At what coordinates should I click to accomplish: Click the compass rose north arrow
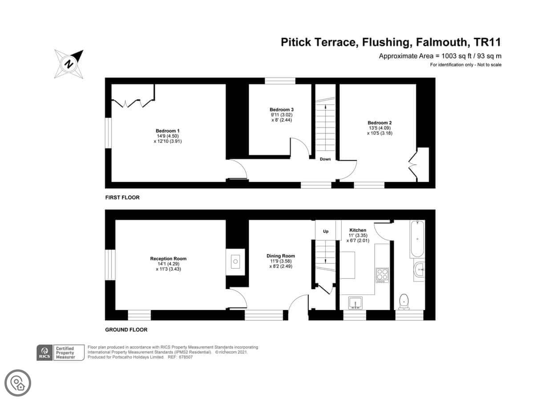click(69, 64)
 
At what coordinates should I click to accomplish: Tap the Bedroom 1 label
click(168, 131)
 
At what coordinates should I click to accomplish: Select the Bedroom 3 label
click(282, 110)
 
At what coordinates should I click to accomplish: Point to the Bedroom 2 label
click(380, 123)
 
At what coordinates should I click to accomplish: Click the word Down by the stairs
click(325, 159)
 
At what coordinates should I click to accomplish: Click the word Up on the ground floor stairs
click(326, 231)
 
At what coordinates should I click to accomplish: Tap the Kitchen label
click(358, 230)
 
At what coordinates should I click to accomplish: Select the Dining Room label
click(281, 256)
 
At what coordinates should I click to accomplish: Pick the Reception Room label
click(168, 258)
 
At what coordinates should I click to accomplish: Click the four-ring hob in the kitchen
click(382, 275)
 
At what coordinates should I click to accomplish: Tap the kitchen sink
click(356, 303)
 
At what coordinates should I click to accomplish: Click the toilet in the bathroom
click(404, 302)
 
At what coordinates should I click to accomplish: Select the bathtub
click(417, 239)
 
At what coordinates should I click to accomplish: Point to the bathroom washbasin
click(419, 270)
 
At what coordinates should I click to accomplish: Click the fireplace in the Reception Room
click(235, 262)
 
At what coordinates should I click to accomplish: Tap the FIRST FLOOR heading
click(122, 197)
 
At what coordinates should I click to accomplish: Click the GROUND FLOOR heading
click(126, 330)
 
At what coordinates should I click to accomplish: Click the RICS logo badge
click(61, 352)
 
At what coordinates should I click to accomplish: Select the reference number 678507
click(186, 357)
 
